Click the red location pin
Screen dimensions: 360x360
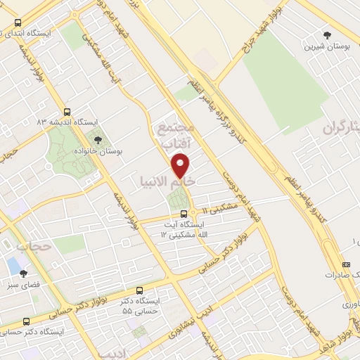pos(181,165)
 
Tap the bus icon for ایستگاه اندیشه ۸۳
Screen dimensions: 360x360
pos(67,111)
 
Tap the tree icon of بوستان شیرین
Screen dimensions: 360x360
pos(327,34)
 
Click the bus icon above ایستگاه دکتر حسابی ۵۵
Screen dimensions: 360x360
pos(139,290)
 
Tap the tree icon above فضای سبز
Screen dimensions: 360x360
pos(23,275)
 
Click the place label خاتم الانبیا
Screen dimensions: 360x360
pos(167,181)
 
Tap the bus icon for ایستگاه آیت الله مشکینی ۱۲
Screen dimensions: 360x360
pos(184,213)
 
